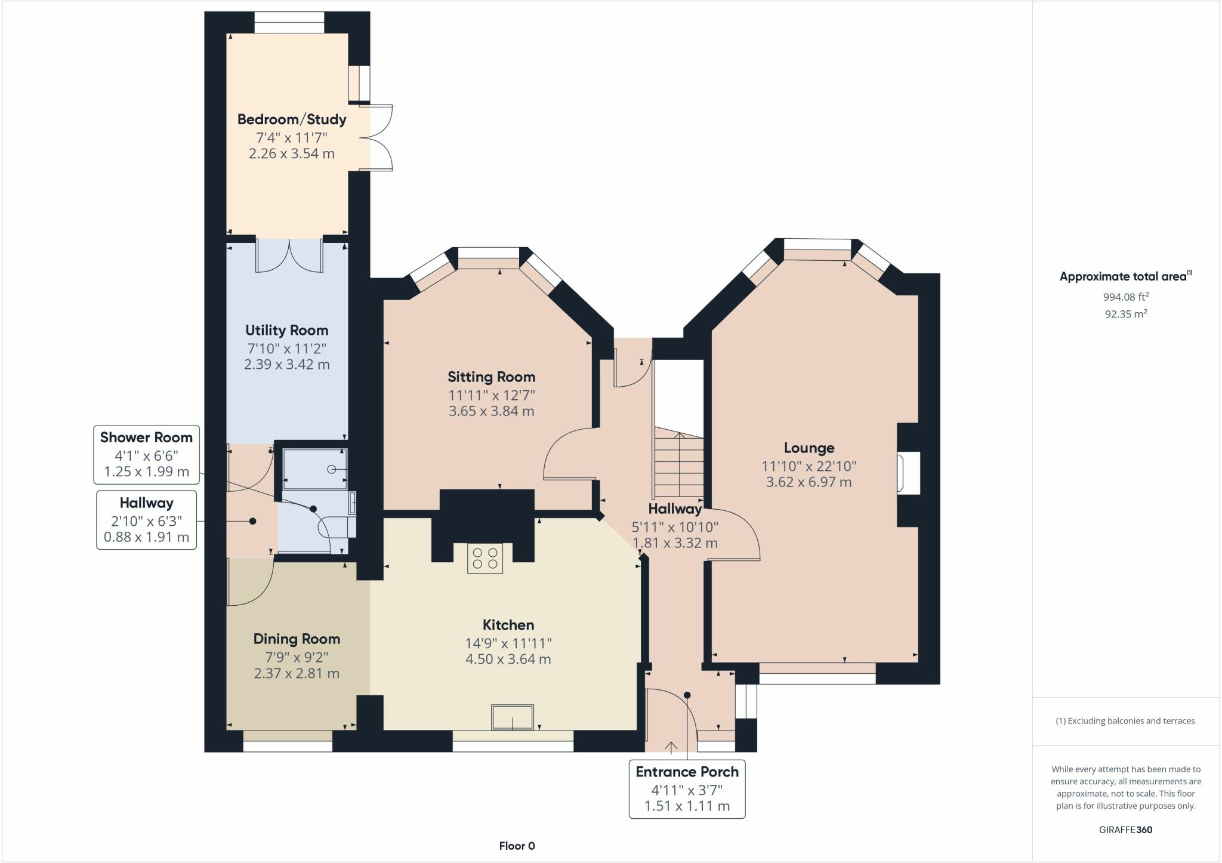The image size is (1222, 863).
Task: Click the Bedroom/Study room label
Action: coord(292,119)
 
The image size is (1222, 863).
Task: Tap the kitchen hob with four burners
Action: coord(485,559)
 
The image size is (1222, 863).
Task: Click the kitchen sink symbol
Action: coord(512,717)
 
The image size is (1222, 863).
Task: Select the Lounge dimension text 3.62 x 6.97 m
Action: coord(809,482)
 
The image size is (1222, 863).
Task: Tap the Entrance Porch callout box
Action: coord(687,788)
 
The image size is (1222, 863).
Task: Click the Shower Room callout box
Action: coord(146,454)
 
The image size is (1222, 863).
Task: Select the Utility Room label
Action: coord(286,331)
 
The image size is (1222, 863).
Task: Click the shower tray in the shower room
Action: coord(314,469)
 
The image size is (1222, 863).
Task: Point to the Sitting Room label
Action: coord(491,377)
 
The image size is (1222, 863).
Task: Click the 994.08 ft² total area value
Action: coord(1125,297)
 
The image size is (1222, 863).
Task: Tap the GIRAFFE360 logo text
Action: coord(1125,830)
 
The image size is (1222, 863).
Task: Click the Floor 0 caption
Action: coord(517,846)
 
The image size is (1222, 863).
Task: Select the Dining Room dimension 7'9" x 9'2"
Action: coord(297,657)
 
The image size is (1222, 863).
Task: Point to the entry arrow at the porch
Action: coord(671,747)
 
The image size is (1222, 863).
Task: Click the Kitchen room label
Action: coord(508,625)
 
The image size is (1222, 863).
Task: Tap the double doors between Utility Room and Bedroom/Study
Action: coord(289,255)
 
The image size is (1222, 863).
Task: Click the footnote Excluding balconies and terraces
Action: coord(1125,721)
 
